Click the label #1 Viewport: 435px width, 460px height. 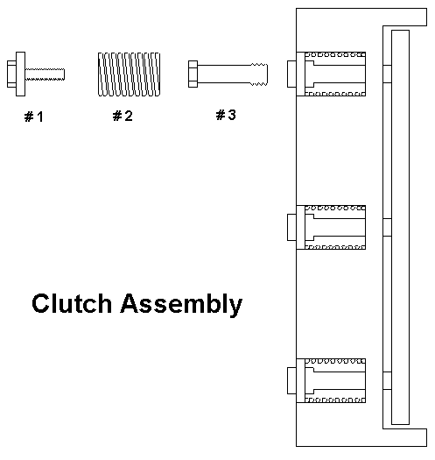tap(34, 117)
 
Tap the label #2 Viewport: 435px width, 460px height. tap(123, 116)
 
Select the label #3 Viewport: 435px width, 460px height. tap(226, 115)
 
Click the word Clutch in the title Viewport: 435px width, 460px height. tap(72, 304)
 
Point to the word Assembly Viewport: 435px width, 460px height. tap(181, 305)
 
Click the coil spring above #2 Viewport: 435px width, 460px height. tap(129, 74)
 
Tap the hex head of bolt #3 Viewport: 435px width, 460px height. tap(193, 74)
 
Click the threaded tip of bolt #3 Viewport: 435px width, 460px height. tap(259, 74)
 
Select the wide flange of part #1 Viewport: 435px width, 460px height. tap(20, 74)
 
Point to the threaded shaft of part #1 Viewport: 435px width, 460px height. tap(46, 74)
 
